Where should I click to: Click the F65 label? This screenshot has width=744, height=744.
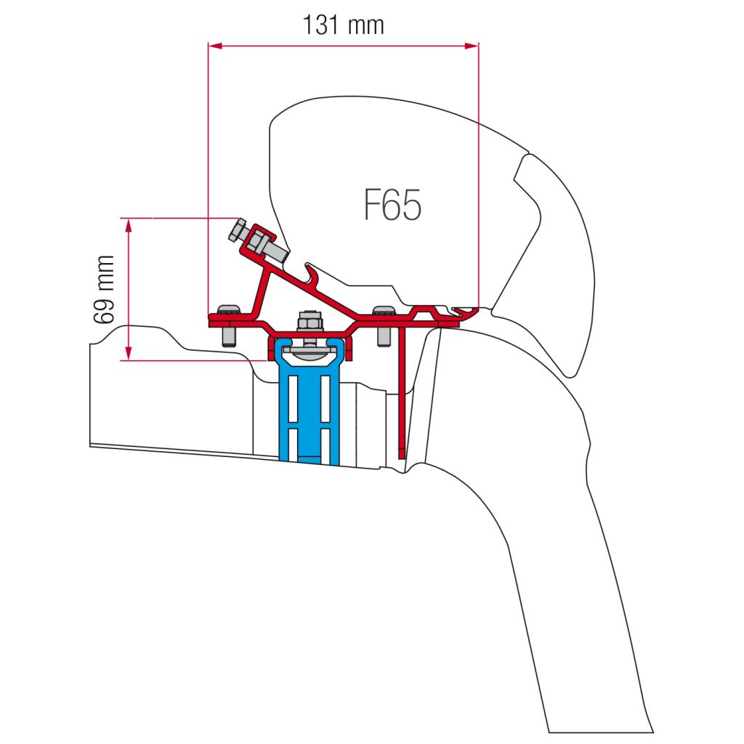(x=392, y=204)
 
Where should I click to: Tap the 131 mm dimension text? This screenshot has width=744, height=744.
(x=343, y=25)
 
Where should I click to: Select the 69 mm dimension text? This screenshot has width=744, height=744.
(x=105, y=290)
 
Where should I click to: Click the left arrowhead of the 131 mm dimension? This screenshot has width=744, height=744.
(x=215, y=46)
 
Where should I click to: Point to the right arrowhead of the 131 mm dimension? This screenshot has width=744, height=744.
(x=472, y=46)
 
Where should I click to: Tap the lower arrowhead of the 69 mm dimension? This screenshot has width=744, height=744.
(x=128, y=353)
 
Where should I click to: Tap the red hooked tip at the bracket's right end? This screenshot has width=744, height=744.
(x=467, y=312)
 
